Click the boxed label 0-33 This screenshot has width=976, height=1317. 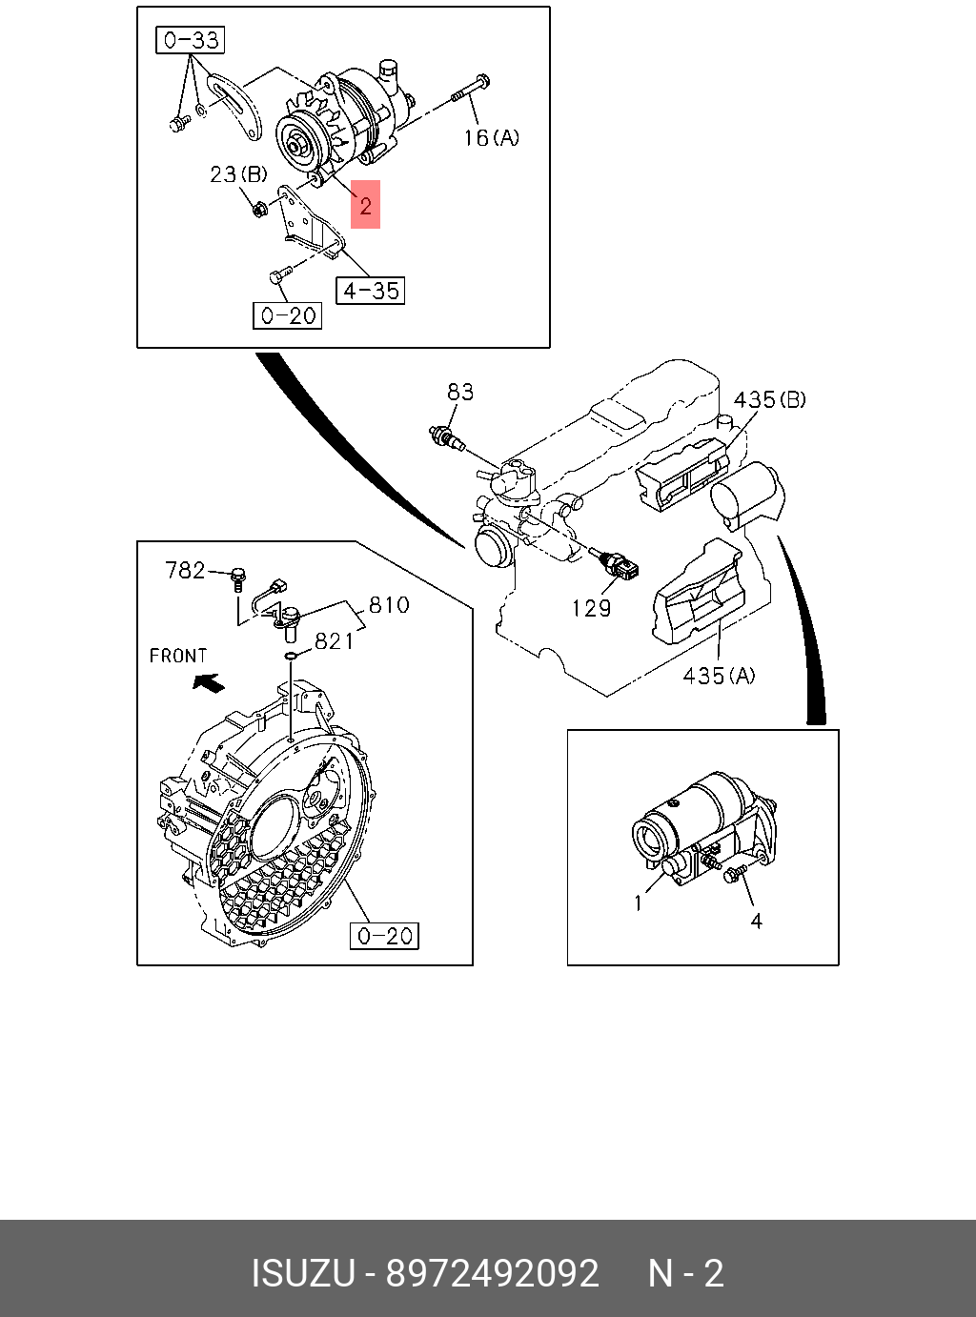click(x=191, y=40)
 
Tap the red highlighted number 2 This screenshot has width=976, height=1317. click(x=365, y=205)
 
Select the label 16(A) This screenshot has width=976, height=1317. click(x=491, y=138)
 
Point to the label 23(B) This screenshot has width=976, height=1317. click(x=238, y=174)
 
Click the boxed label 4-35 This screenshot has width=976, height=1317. click(x=370, y=291)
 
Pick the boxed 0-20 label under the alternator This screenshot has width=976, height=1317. click(x=287, y=315)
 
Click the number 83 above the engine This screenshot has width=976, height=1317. click(x=460, y=392)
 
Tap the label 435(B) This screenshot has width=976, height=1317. click(x=769, y=399)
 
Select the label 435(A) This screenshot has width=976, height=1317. click(x=719, y=676)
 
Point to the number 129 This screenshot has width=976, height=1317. click(x=591, y=608)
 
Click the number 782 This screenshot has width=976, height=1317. click(x=185, y=570)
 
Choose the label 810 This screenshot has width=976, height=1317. click(x=389, y=605)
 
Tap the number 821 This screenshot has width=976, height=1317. click(x=334, y=641)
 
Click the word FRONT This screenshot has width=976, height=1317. click(x=178, y=656)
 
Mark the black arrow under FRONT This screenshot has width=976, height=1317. click(x=209, y=682)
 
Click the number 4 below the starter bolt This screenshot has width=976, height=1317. click(x=756, y=921)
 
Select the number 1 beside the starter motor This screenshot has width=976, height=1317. click(x=639, y=902)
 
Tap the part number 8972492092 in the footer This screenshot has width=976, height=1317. click(x=492, y=1273)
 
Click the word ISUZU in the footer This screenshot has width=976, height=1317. click(x=302, y=1273)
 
